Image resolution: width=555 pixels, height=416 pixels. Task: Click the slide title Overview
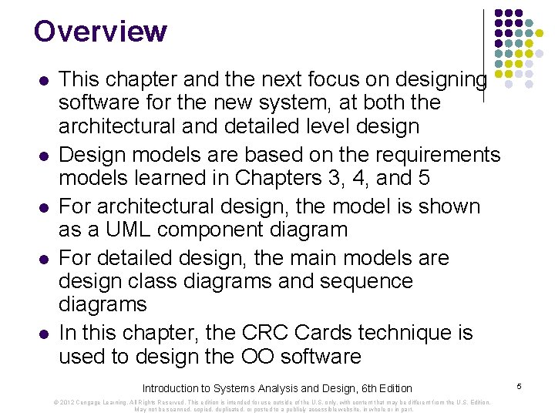[x=100, y=32]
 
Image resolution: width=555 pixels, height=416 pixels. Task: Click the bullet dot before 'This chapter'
[x=43, y=79]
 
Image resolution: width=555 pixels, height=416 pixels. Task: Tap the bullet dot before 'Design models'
[x=43, y=156]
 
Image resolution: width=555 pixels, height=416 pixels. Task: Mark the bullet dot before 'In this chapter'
[x=43, y=334]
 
